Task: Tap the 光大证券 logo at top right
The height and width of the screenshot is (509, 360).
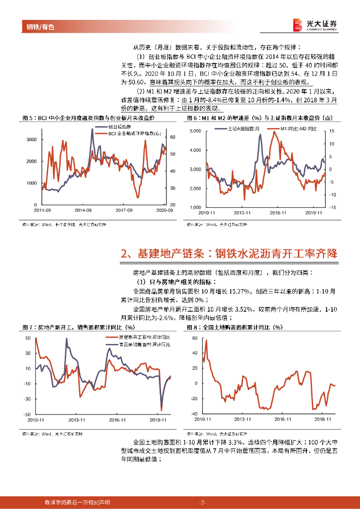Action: point(315,24)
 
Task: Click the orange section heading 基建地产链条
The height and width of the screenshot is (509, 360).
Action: point(229,254)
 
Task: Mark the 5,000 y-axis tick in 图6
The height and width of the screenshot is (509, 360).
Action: point(195,131)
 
